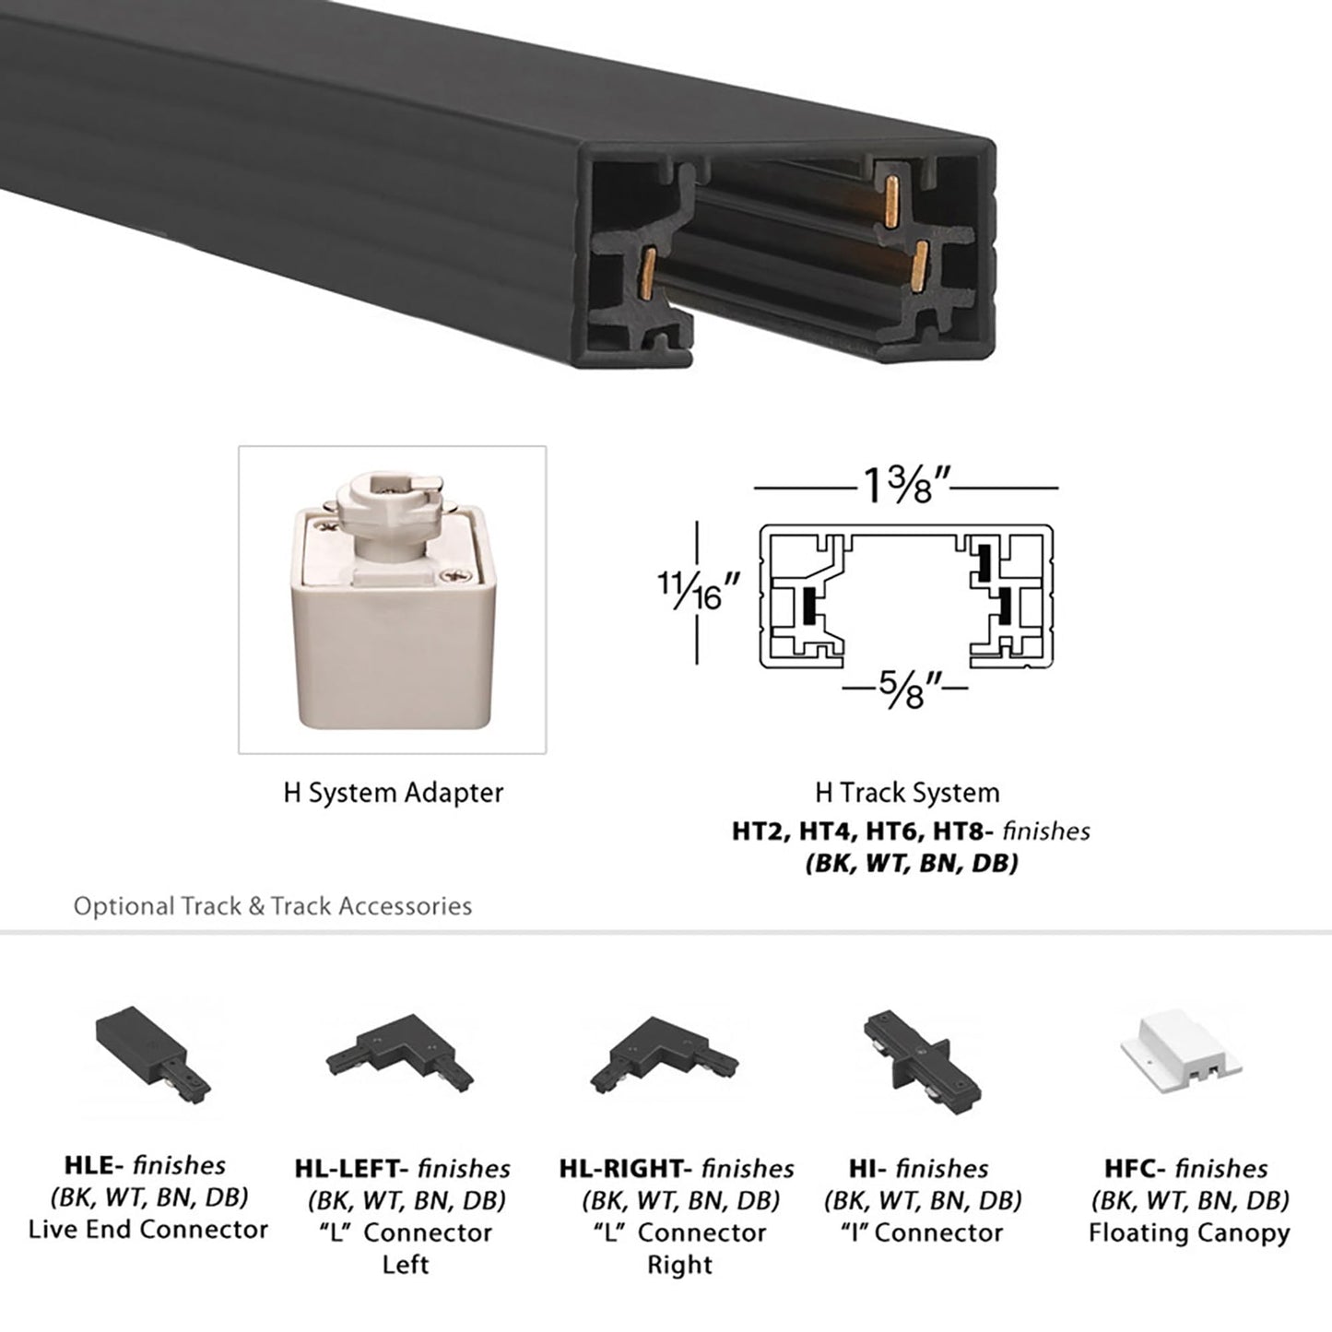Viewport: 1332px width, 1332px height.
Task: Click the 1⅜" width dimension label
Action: click(906, 485)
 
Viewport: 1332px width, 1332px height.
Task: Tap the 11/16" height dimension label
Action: click(699, 591)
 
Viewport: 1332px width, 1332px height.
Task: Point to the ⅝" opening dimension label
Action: click(907, 688)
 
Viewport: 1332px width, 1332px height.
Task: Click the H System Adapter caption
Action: click(393, 793)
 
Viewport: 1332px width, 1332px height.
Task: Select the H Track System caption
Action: click(907, 793)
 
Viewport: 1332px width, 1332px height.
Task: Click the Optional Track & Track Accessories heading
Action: click(273, 906)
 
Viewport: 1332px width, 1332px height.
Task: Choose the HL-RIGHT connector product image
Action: click(664, 1056)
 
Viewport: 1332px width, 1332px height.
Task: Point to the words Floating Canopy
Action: click(1189, 1233)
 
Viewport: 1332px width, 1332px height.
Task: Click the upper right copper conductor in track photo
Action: click(891, 203)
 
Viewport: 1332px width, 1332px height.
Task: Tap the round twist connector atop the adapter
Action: click(391, 498)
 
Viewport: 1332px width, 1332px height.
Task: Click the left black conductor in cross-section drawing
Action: click(809, 605)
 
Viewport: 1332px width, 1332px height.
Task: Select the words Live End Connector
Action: click(148, 1230)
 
